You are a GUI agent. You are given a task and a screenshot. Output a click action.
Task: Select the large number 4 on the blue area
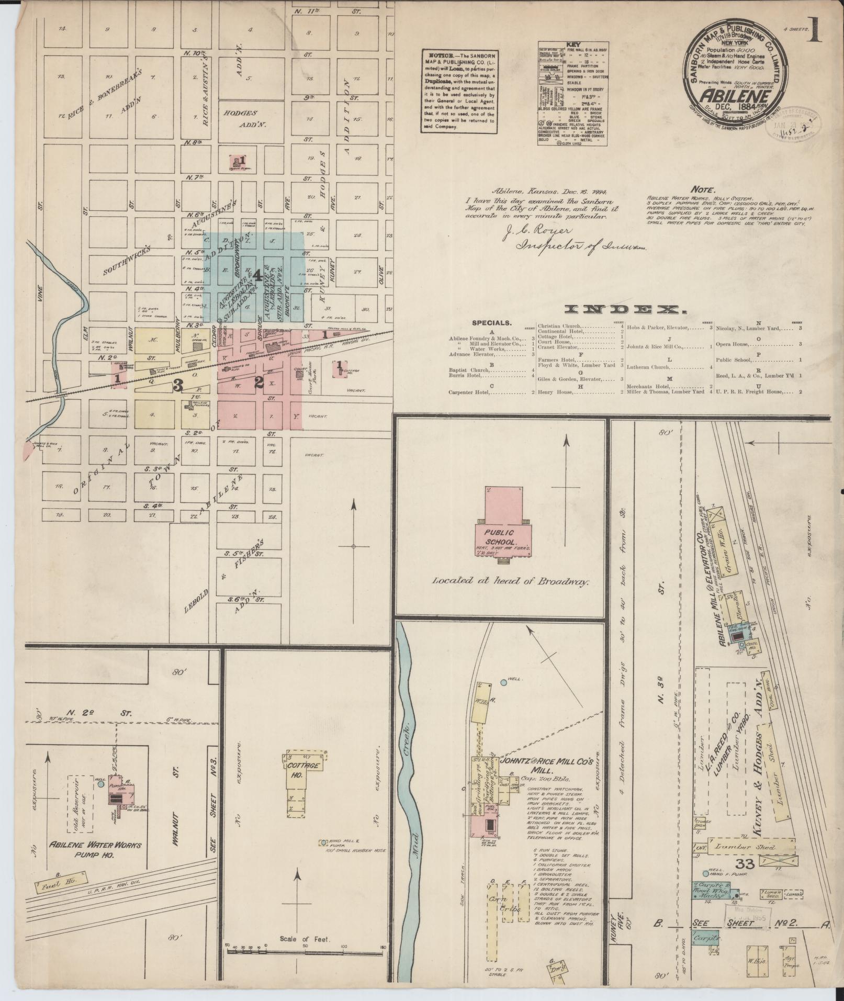(257, 274)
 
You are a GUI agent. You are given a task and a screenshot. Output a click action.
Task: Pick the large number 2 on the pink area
(258, 383)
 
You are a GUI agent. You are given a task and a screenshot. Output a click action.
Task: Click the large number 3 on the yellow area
(178, 386)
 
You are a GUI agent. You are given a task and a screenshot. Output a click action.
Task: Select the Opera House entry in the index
(734, 344)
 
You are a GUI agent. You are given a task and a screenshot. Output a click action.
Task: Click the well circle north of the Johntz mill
(503, 682)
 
